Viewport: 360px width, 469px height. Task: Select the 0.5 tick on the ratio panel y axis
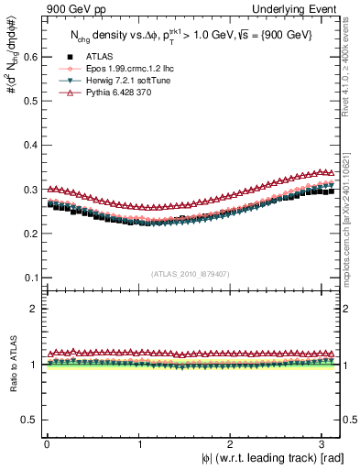click(x=27, y=420)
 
